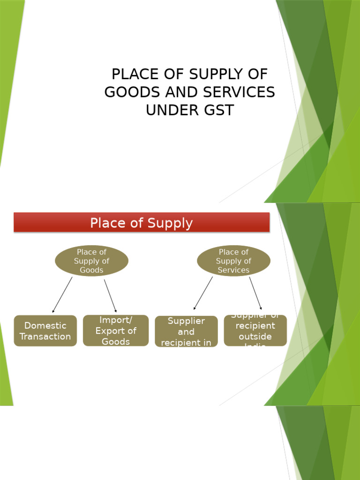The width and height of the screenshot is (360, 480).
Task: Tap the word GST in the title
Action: [x=217, y=110]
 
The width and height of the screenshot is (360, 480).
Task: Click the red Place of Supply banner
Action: [x=142, y=223]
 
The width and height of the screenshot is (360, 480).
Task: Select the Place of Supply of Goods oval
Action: [x=91, y=261]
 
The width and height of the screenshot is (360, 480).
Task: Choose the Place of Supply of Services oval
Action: [x=233, y=261]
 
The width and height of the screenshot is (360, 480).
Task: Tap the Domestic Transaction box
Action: [x=45, y=331]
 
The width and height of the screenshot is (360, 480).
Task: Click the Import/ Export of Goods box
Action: [x=116, y=330]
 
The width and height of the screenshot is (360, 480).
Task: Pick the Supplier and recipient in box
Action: [x=186, y=331]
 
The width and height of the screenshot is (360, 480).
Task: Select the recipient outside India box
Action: [x=255, y=330]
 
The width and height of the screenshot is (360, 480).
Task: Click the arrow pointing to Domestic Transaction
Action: [x=62, y=295]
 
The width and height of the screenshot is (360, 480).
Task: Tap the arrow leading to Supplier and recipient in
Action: [x=203, y=293]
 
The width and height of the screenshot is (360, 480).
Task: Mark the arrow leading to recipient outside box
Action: [x=255, y=293]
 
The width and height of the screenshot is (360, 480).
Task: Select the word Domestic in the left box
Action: [x=45, y=326]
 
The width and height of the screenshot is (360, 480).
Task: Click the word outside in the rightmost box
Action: [x=255, y=337]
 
